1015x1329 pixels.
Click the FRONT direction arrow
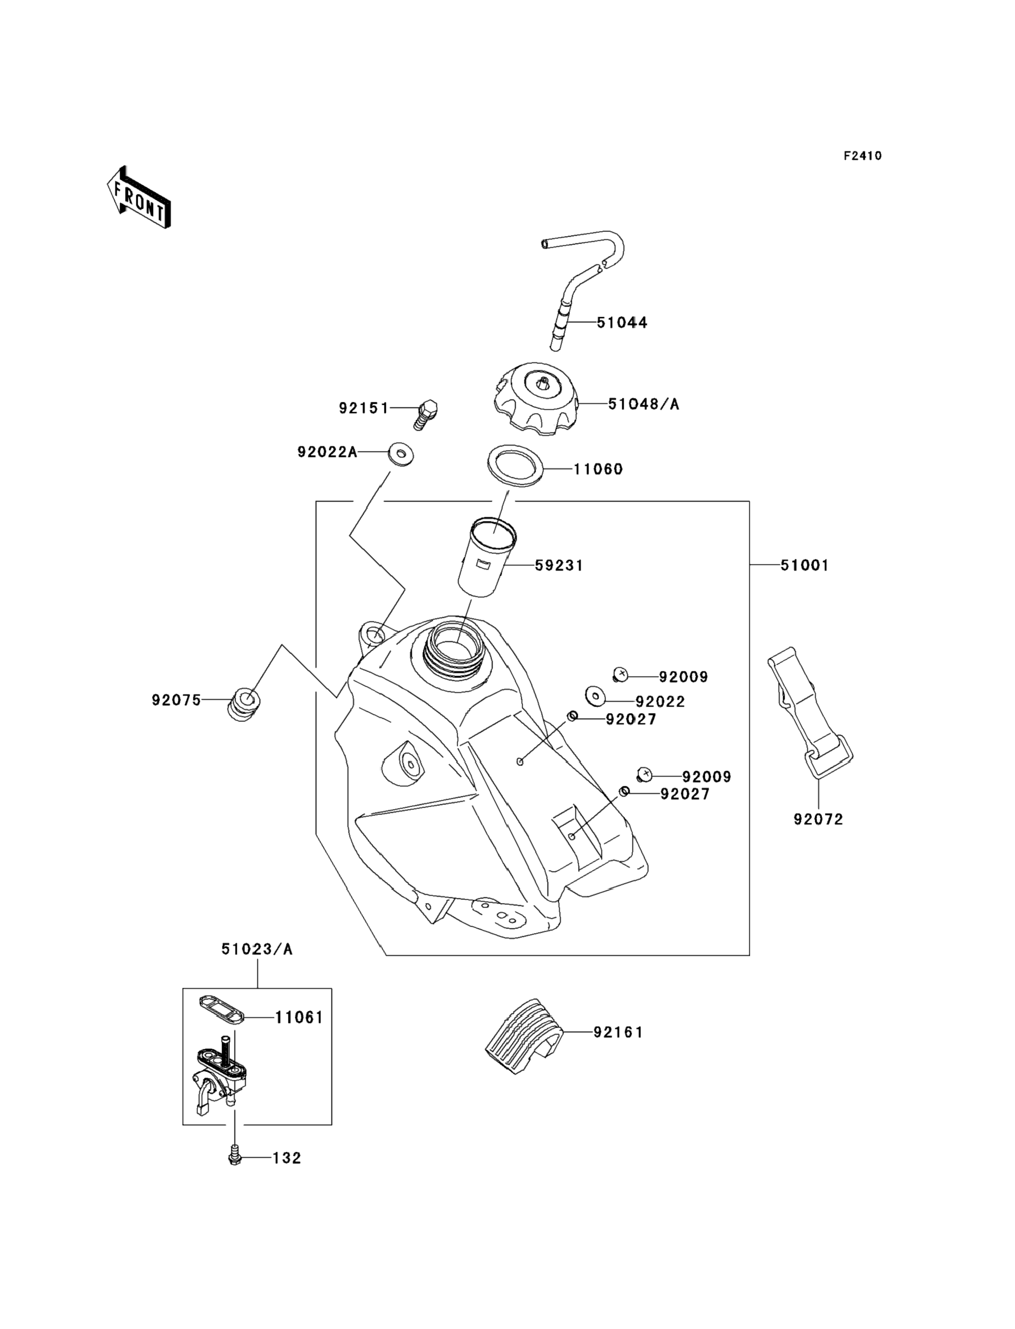[139, 197]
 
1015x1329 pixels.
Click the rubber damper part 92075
[244, 704]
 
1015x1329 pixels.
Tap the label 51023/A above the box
[257, 949]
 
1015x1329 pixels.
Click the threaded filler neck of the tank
[451, 653]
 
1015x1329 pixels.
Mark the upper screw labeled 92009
[621, 674]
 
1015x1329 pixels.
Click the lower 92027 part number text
[685, 794]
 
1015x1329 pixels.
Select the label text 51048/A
[643, 404]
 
